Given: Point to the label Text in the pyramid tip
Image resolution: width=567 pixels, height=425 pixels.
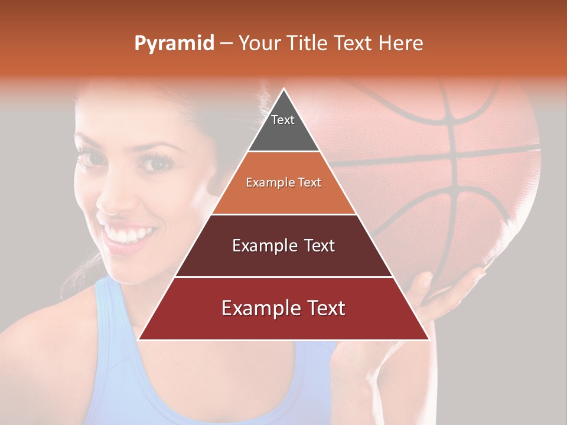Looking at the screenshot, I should click(282, 120).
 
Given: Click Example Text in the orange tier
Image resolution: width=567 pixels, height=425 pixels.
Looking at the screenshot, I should click(283, 182).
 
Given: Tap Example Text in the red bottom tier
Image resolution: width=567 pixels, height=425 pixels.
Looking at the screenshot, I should click(283, 308).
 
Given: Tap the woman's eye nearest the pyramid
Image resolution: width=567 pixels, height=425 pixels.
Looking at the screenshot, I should click(155, 164).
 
